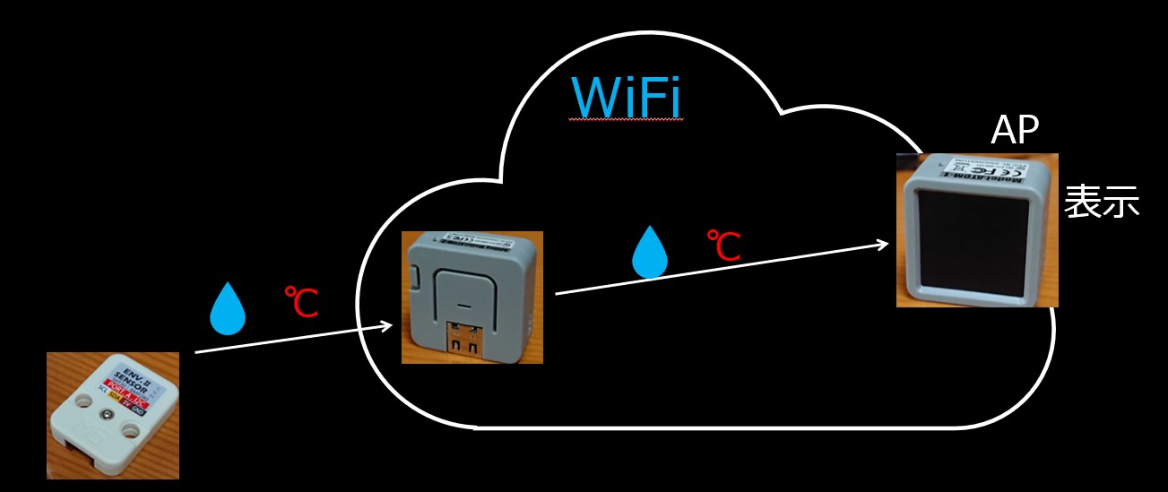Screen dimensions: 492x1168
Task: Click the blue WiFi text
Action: (627, 96)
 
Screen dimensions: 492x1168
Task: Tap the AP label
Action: (1014, 132)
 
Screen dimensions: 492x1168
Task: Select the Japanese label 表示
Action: (1101, 203)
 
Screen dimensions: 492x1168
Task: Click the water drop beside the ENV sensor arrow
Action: (227, 309)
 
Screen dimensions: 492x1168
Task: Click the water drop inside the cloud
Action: (650, 252)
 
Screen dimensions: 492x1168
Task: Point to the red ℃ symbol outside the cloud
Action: (301, 302)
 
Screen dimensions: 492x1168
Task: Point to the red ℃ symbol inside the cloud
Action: (723, 246)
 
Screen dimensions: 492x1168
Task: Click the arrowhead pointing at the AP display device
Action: (884, 243)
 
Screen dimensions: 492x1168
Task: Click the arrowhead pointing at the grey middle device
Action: (387, 325)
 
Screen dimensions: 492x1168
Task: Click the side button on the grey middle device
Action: (421, 283)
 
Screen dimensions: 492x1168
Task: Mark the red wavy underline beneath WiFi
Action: (627, 120)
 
